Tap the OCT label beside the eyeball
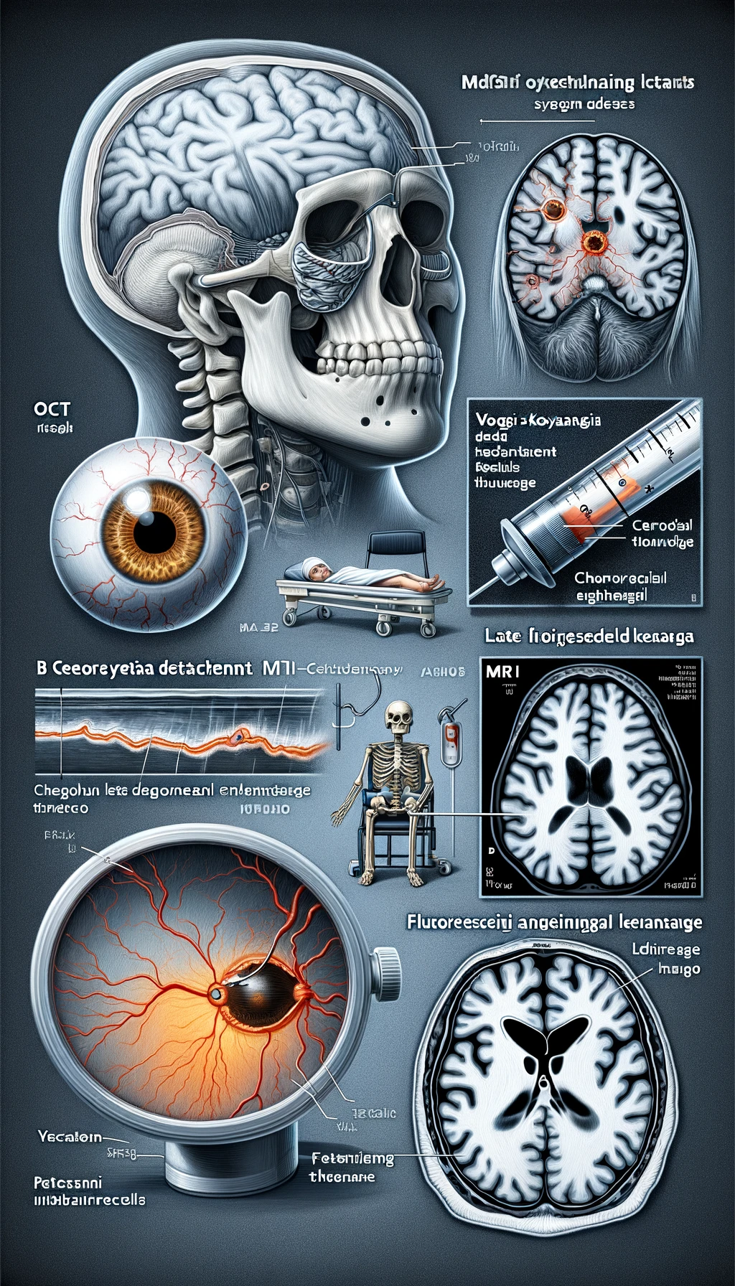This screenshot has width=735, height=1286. point(52,410)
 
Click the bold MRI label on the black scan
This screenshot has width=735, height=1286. point(502,672)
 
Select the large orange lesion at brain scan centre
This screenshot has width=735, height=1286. point(594,243)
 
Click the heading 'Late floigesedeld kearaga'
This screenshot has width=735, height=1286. point(589,637)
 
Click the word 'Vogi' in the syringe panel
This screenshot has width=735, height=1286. point(492,421)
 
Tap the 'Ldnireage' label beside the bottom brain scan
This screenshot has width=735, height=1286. point(665,949)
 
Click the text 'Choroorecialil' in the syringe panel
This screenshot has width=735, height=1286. point(620,578)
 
